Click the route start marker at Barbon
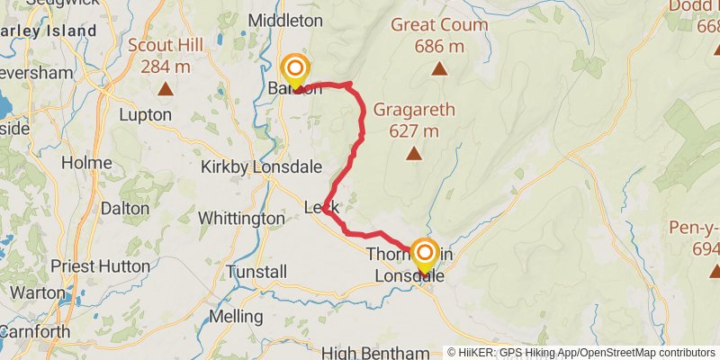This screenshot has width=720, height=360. [x=295, y=70]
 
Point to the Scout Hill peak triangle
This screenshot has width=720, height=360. [x=166, y=88]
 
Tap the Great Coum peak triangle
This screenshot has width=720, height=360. [x=439, y=68]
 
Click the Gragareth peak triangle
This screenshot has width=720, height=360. [x=413, y=154]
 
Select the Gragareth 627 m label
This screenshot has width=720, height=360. [x=413, y=121]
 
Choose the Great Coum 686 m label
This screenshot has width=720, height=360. [x=438, y=35]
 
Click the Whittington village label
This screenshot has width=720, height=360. [x=241, y=219]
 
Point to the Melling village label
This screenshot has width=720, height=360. [x=235, y=317]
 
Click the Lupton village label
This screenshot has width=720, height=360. [x=145, y=115]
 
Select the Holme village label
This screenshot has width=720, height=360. [x=87, y=163]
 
